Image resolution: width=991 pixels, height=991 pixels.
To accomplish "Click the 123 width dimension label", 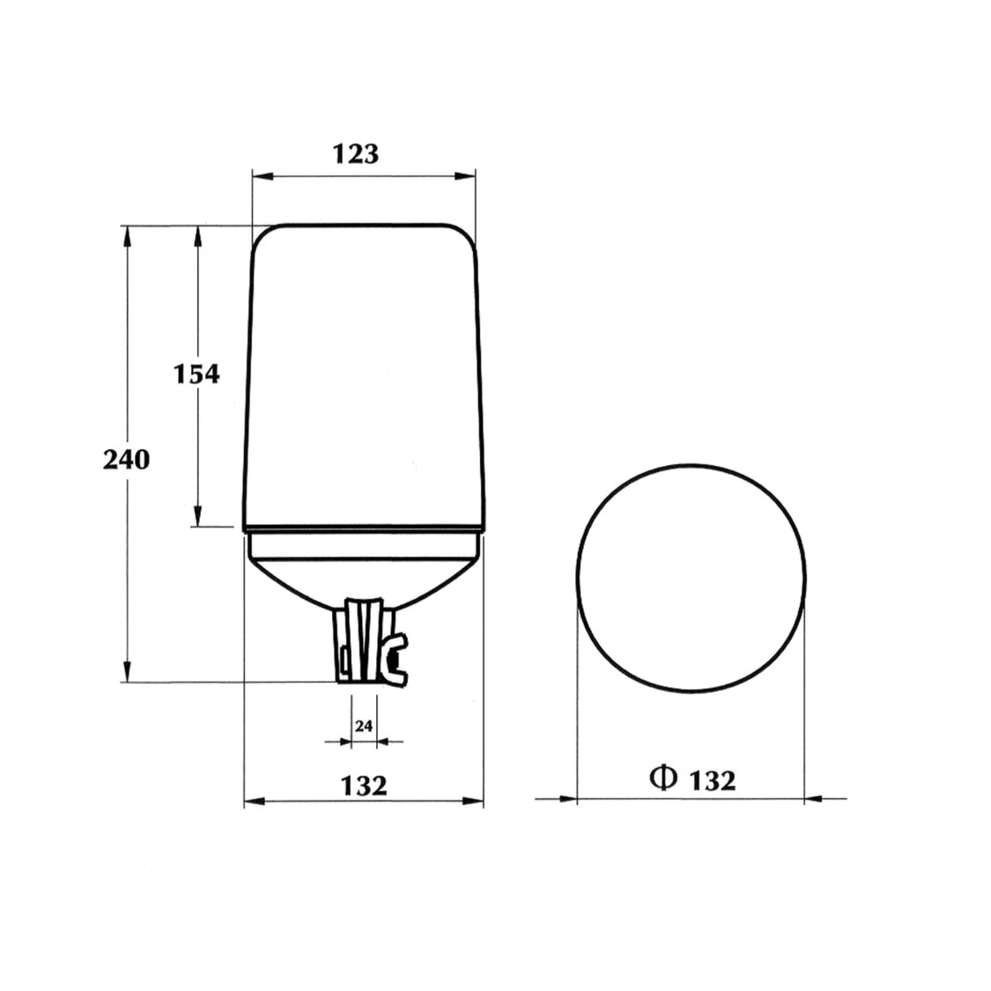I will (356, 153).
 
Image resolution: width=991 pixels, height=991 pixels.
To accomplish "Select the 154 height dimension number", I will (194, 373).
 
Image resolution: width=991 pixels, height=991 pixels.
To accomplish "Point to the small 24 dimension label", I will (364, 727).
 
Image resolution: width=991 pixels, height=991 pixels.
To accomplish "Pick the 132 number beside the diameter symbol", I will (711, 780).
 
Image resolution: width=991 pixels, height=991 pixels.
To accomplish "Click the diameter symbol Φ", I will (662, 778).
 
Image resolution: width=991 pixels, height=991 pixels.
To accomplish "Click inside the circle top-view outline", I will (691, 574).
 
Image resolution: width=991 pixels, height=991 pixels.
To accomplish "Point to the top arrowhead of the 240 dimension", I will (128, 234).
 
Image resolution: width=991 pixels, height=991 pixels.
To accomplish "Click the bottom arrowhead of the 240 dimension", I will (128, 673).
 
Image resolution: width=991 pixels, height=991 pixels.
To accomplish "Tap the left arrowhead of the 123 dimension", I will (260, 176).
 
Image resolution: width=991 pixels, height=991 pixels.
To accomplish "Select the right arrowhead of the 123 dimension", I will (467, 176).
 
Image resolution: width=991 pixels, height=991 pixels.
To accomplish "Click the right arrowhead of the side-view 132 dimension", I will (477, 801).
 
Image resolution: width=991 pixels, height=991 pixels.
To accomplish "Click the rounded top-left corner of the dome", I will (262, 236).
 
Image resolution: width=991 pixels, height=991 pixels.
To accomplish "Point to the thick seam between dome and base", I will (363, 529).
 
